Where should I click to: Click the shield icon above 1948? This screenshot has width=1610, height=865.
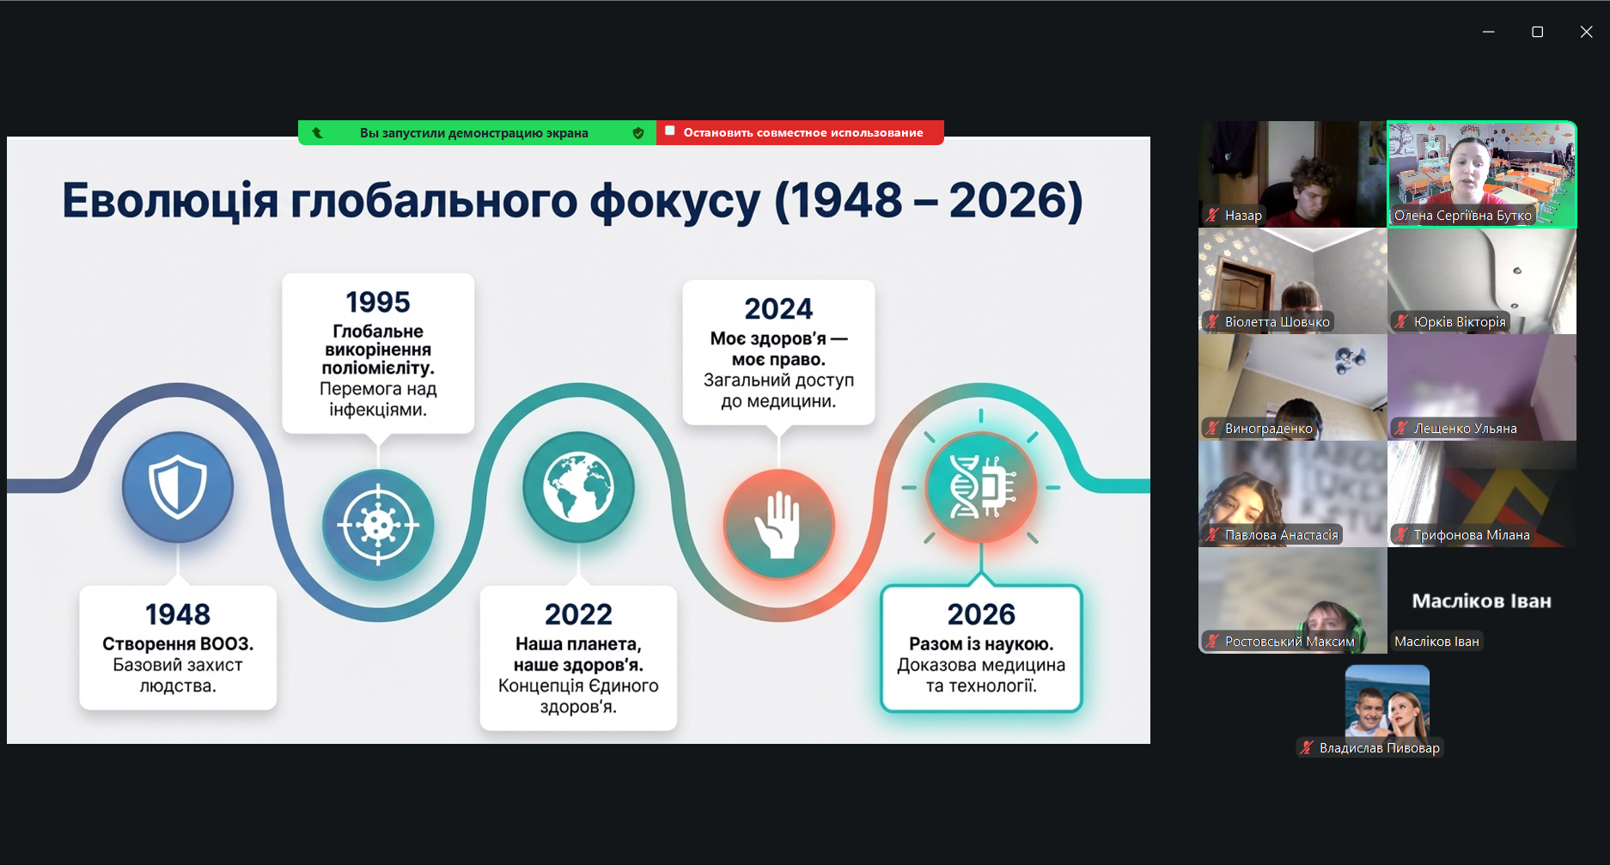click(178, 487)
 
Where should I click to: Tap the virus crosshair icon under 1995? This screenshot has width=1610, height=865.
click(378, 525)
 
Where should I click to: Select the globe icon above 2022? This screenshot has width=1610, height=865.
click(579, 487)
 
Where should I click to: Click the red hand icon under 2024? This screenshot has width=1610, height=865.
click(779, 525)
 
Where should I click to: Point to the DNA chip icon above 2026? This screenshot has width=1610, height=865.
click(981, 487)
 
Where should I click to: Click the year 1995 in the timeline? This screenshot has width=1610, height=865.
click(378, 302)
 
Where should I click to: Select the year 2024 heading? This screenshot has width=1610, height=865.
click(778, 309)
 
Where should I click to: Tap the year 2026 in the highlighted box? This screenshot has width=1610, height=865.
click(981, 615)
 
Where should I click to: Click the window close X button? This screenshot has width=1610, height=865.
click(1586, 32)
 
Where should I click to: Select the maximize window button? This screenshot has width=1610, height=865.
click(1537, 32)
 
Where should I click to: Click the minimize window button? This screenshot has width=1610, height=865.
click(1489, 32)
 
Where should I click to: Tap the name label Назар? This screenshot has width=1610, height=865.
click(1243, 216)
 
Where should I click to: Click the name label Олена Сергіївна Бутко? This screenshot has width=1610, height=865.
click(1462, 216)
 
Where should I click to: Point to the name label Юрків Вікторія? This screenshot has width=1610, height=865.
click(1460, 322)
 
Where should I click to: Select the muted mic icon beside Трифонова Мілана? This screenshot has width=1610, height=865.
click(1401, 535)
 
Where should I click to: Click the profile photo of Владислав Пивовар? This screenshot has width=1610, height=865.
click(1387, 702)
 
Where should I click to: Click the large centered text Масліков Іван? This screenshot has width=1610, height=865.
click(1481, 601)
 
